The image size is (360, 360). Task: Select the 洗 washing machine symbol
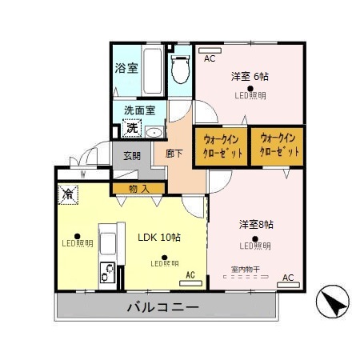pyautogui.click(x=130, y=126)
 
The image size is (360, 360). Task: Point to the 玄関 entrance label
pyautogui.click(x=132, y=156)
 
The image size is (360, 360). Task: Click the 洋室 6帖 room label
pyautogui.click(x=250, y=77)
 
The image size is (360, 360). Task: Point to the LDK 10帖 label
pyautogui.click(x=159, y=238)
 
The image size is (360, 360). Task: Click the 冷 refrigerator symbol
pyautogui.click(x=69, y=194)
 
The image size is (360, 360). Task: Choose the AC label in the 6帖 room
pyautogui.click(x=210, y=58)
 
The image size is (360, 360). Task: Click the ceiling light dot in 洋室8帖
pyautogui.click(x=255, y=237)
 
